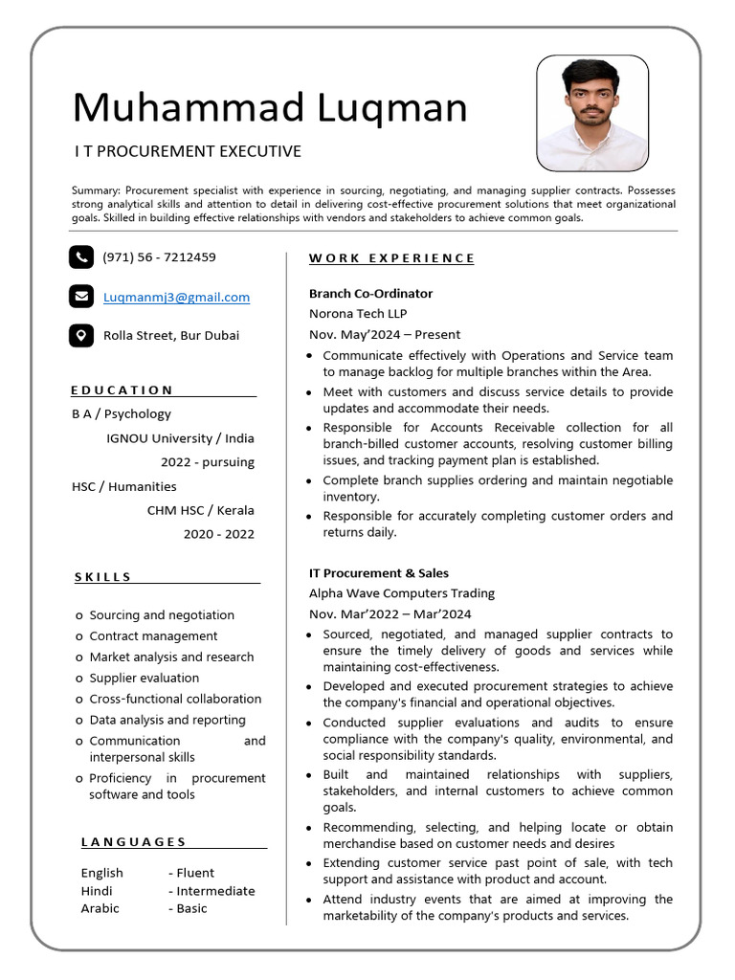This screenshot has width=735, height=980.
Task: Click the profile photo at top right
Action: click(592, 113)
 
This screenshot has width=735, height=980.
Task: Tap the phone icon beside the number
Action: click(81, 256)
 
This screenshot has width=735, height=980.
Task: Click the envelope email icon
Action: click(81, 297)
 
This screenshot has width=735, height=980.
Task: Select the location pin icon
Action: click(81, 335)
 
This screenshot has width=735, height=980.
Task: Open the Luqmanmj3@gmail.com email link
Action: click(176, 298)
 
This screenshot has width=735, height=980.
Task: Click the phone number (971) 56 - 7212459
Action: click(159, 257)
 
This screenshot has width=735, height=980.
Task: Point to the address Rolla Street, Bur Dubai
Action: click(171, 336)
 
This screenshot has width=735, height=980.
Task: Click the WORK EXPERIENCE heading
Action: click(391, 258)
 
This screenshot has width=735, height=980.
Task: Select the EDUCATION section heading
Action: click(122, 390)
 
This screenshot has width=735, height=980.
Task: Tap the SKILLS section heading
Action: click(103, 577)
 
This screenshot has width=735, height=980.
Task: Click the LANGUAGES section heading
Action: click(134, 842)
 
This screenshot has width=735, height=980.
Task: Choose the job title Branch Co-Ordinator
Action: click(370, 294)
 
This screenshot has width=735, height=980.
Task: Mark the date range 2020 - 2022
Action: click(219, 534)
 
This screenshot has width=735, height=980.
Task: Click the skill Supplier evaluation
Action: click(145, 678)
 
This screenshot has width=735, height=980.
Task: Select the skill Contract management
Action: click(153, 635)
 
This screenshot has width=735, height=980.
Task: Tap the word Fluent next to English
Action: click(195, 873)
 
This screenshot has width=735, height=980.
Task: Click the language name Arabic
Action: click(100, 908)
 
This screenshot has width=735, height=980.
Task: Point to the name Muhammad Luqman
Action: click(270, 107)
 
